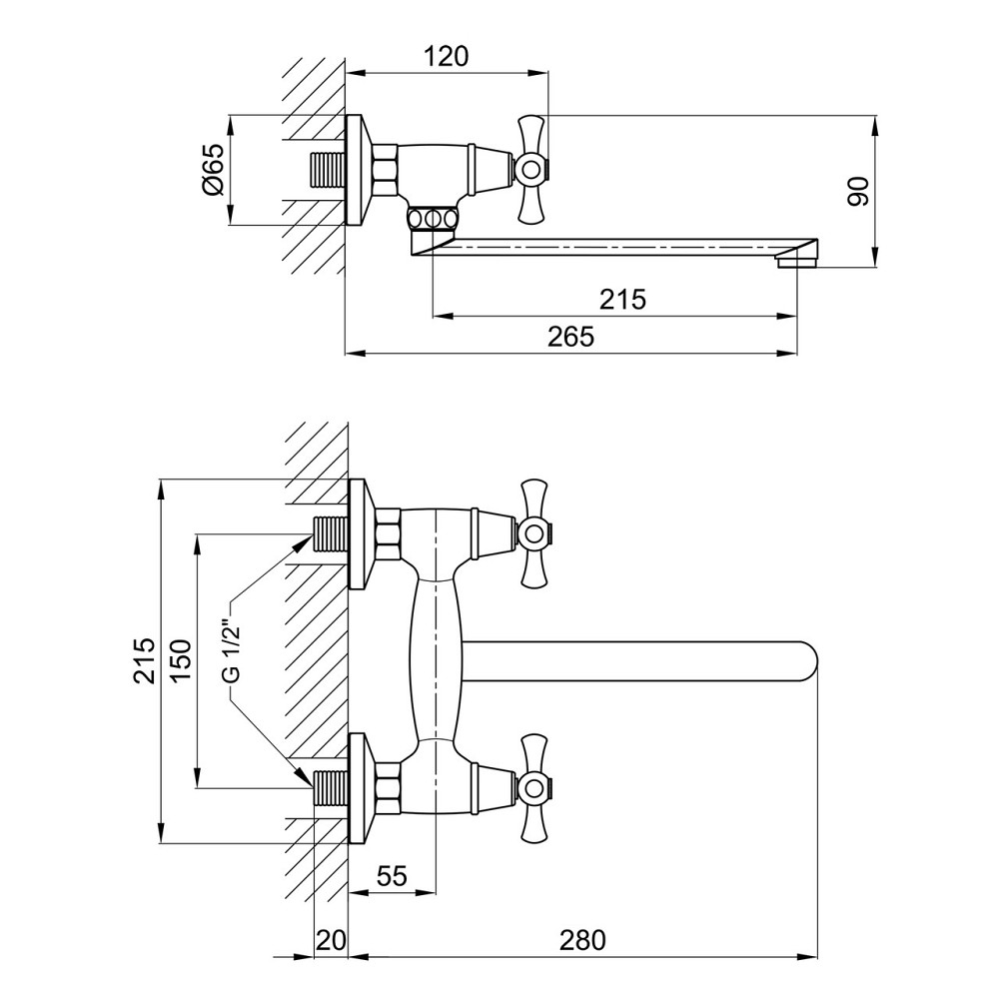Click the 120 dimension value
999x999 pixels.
pos(446,57)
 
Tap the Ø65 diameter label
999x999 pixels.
pos(213,169)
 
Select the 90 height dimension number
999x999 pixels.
pos(858,191)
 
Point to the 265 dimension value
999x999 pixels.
pos(570,337)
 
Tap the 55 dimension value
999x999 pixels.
pos(392,876)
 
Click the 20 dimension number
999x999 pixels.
pos(331,940)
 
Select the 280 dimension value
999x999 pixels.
pos(583,940)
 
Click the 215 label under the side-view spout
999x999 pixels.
pos(622,299)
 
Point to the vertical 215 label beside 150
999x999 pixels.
pos(145,660)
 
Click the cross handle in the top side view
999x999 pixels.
pos(530,170)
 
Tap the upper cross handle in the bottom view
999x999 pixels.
pos(533,533)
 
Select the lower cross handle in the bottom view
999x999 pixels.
pos(533,788)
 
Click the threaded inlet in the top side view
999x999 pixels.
pos(328,170)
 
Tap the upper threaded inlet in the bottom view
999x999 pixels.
pos(332,533)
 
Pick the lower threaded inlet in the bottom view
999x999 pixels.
pos(332,788)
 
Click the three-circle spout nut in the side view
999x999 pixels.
pos(434,219)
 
